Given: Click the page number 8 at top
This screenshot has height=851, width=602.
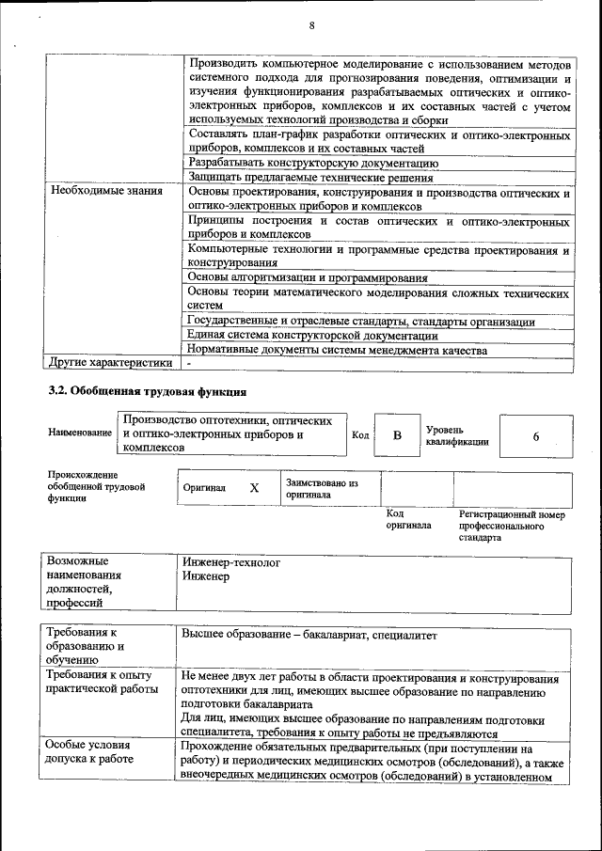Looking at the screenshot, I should coord(311,24).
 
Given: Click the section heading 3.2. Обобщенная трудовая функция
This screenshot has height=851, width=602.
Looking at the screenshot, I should coord(148,390).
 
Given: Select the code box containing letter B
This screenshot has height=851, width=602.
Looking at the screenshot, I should coord(397,435).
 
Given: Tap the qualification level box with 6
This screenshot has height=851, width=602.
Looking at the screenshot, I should coord(535,436).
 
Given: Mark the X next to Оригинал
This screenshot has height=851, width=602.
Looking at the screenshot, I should coord(254,488).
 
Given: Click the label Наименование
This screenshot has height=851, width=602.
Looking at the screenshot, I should coord(80,433).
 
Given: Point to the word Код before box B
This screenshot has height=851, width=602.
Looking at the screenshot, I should coord(360,435).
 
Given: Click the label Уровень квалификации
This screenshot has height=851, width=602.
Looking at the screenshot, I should coord(456,435).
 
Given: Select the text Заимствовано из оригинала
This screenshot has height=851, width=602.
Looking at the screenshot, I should coord(322,488).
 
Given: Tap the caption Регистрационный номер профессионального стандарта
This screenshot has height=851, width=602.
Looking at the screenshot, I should coord(512,527).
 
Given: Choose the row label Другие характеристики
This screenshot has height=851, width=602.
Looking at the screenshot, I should coord(110,362).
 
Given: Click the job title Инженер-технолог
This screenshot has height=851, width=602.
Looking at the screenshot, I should coord(231,562).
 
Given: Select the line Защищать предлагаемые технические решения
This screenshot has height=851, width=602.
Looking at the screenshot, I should coord(310,177).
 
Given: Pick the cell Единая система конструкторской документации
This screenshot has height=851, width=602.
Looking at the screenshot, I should coord(312,335).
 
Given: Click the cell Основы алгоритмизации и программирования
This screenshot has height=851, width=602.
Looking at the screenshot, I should coord(308,277).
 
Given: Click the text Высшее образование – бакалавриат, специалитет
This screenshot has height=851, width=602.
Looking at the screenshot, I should coord(309,635).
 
